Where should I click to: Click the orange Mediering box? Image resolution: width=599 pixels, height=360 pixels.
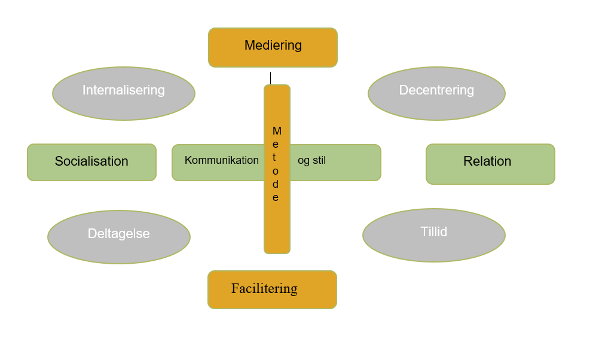(273, 47)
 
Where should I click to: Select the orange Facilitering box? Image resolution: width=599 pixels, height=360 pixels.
(273, 289)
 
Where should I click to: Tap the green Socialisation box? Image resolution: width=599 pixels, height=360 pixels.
(91, 163)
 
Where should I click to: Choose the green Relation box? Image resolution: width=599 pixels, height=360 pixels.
(491, 164)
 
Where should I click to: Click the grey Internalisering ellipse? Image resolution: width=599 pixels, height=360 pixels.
(124, 94)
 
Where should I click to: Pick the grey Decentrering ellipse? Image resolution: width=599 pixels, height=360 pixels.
(436, 94)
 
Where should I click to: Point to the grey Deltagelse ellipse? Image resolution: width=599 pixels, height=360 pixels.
(119, 237)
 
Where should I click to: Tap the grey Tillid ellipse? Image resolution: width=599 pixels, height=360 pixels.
(434, 236)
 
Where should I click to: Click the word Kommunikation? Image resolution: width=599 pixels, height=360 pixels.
(222, 160)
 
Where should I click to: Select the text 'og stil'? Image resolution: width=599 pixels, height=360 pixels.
(311, 160)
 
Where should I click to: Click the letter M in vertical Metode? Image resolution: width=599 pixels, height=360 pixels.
(277, 131)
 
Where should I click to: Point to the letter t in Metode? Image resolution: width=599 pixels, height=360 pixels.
(274, 157)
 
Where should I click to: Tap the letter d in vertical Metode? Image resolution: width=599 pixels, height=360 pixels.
(276, 184)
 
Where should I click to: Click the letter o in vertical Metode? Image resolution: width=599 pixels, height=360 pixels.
(276, 171)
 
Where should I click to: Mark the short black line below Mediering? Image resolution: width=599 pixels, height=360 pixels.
(270, 78)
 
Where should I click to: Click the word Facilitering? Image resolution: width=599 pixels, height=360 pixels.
(264, 288)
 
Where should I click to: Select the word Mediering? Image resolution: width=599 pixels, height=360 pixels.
(273, 45)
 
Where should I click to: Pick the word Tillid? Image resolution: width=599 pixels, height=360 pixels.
(433, 231)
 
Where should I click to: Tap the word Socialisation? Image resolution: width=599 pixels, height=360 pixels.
(91, 161)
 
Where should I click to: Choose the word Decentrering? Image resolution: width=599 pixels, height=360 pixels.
(436, 90)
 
